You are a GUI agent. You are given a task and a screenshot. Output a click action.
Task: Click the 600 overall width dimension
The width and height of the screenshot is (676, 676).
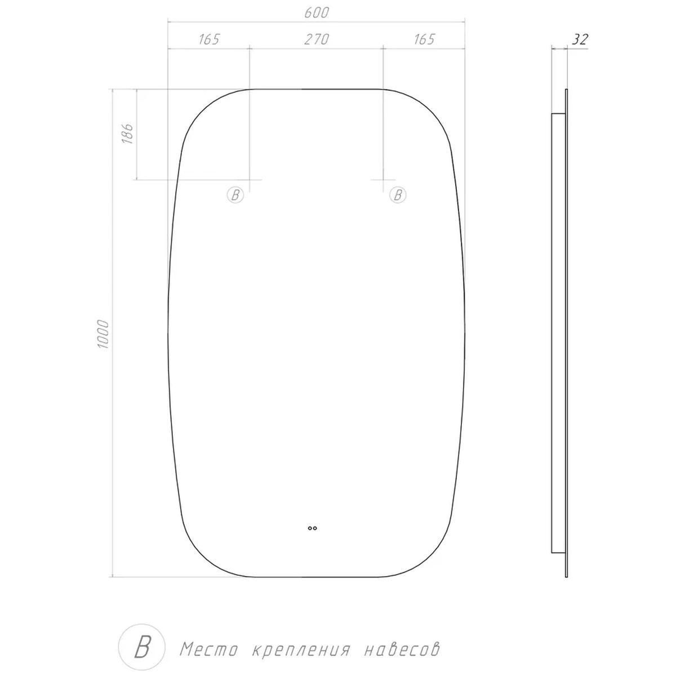click(317, 13)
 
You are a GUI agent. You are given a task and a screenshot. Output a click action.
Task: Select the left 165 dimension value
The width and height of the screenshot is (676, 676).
click(209, 39)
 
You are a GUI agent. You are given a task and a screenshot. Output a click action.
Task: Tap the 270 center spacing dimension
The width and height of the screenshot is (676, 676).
click(317, 39)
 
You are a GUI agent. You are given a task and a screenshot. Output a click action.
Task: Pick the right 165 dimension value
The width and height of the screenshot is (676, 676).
click(424, 39)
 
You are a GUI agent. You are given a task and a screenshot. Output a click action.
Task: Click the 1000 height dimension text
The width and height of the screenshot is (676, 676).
click(104, 334)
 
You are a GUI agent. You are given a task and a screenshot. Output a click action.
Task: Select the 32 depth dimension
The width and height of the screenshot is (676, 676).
click(579, 39)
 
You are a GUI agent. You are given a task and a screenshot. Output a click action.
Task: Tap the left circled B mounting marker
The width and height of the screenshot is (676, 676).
click(235, 195)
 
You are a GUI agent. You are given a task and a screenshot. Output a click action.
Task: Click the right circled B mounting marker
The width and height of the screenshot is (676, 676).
click(398, 195)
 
